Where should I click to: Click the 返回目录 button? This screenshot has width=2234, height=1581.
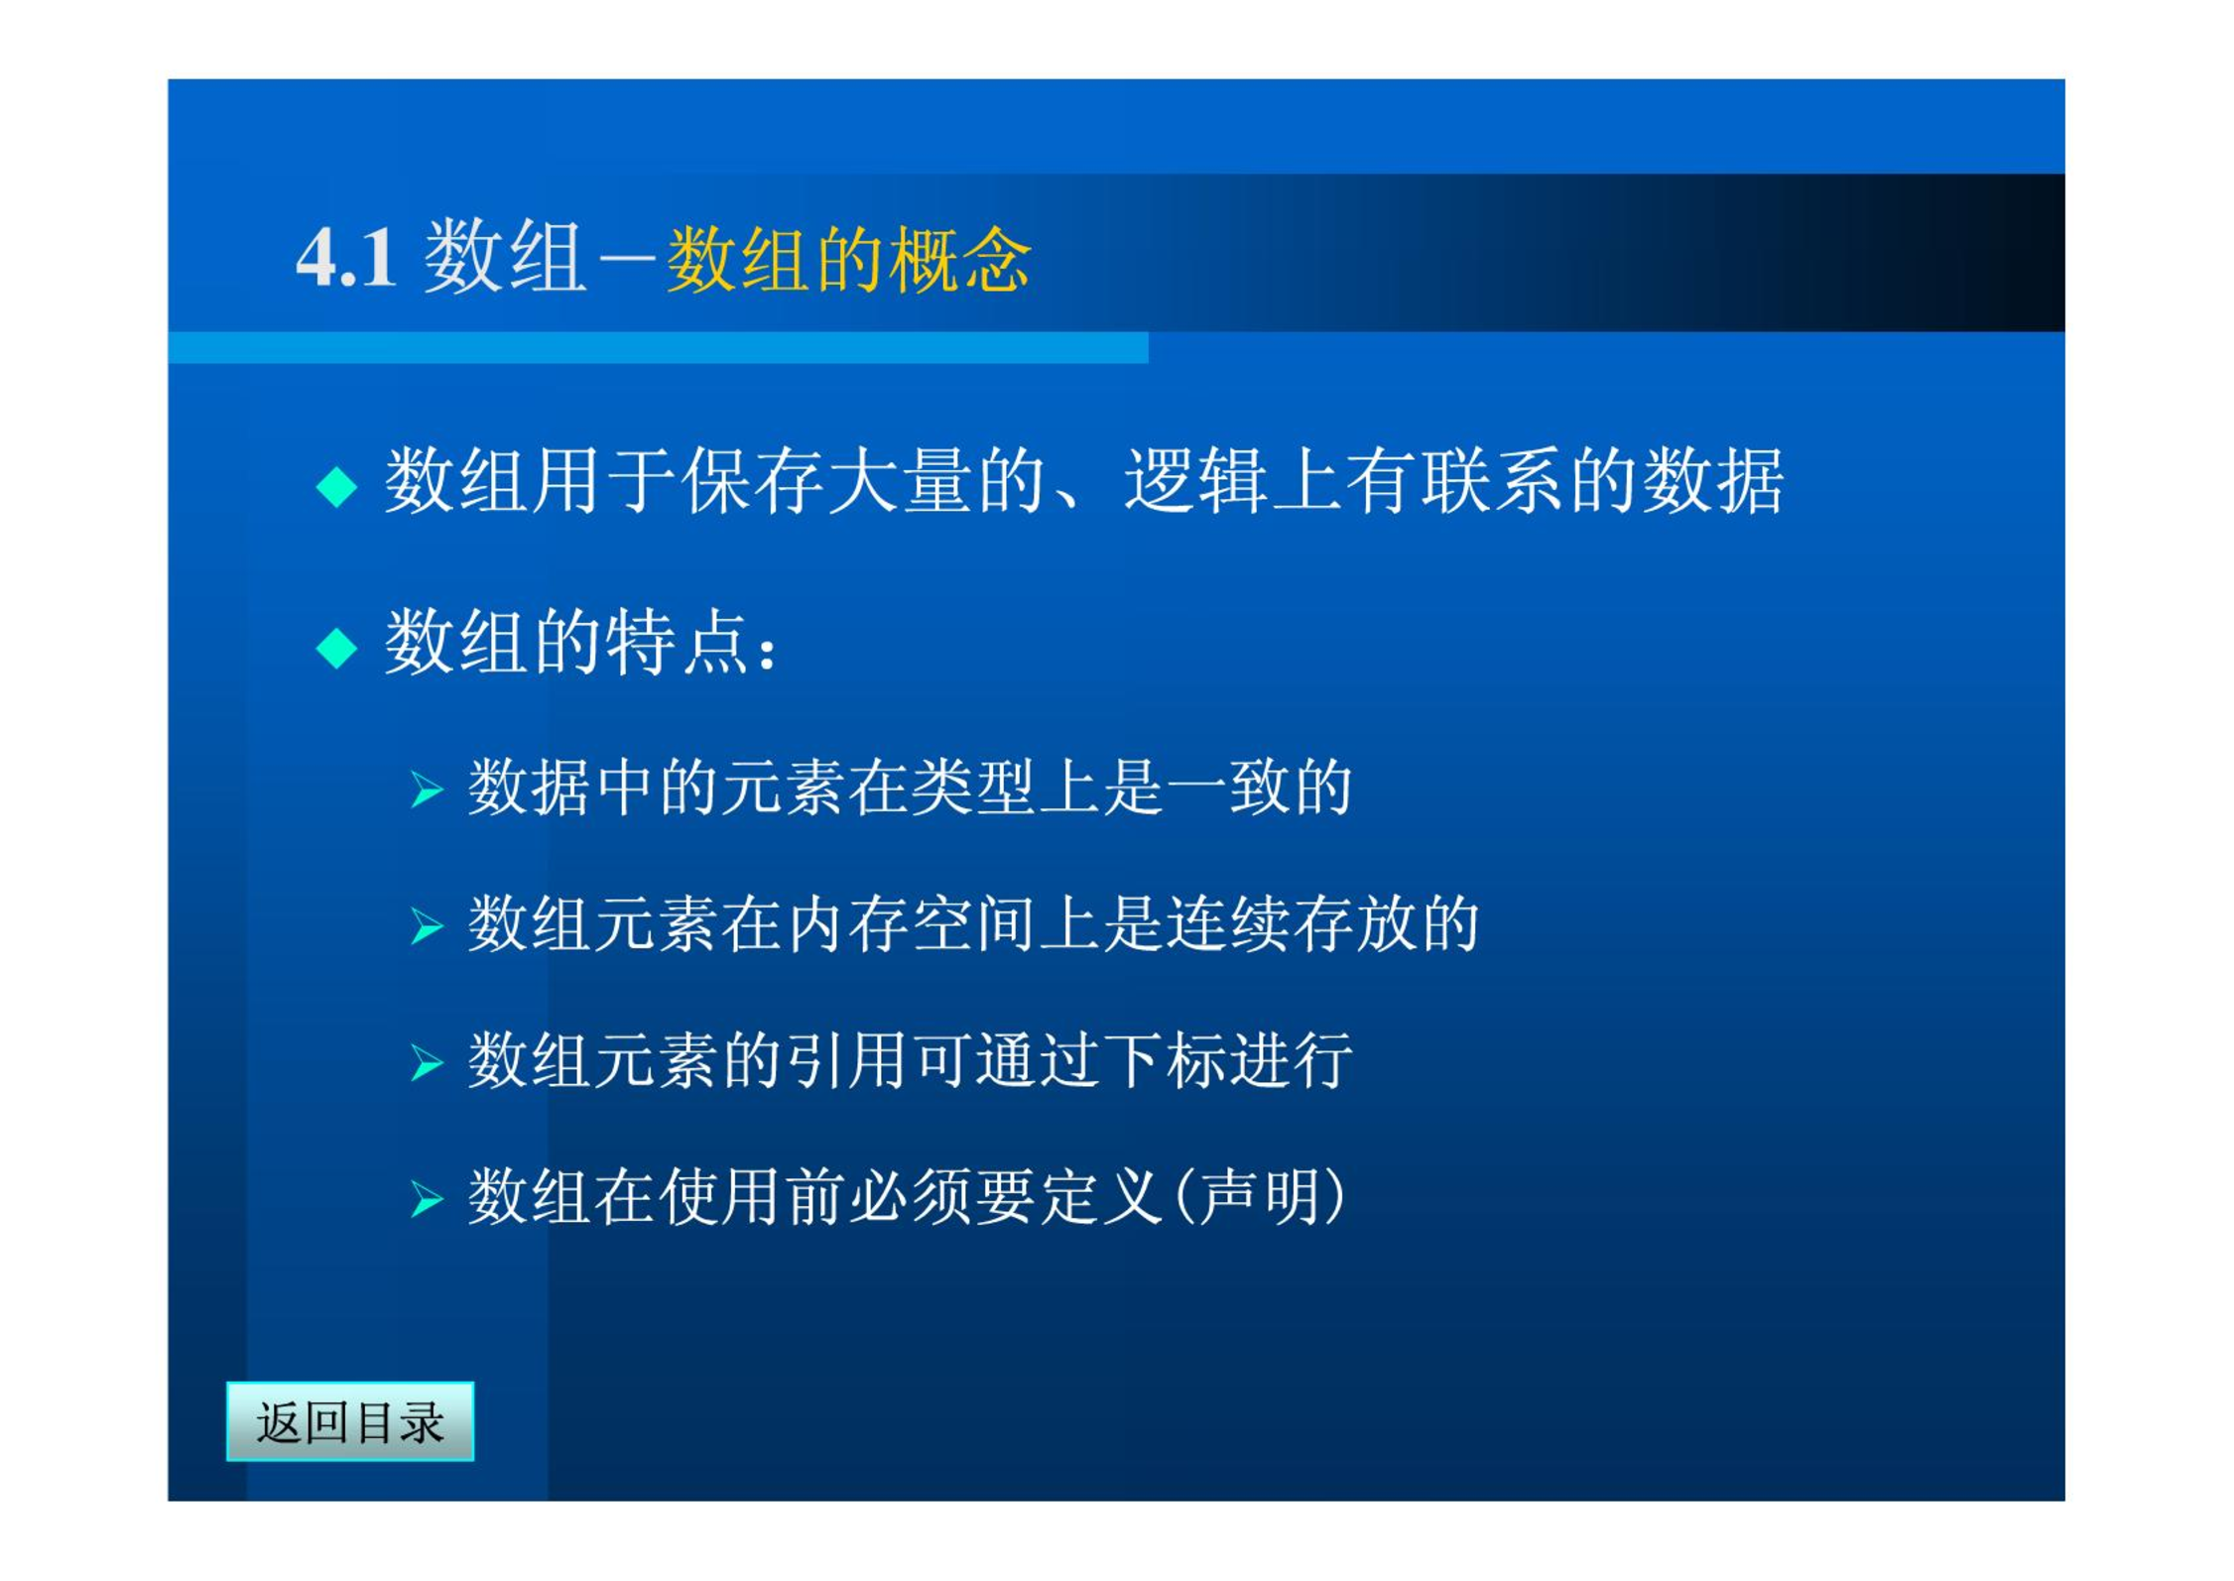350,1421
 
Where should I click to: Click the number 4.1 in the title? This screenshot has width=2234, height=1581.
346,258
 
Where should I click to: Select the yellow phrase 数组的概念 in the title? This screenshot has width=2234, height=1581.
848,260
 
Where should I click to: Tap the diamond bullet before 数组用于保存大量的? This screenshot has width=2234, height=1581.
336,486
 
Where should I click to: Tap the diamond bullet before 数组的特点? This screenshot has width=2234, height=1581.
336,649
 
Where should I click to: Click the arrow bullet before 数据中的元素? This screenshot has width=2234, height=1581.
427,790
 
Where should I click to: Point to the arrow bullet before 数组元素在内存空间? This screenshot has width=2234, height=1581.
427,925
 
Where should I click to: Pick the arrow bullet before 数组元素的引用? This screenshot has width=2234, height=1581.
427,1062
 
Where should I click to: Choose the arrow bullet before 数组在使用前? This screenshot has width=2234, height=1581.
427,1199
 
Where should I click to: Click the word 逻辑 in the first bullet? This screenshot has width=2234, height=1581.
1195,481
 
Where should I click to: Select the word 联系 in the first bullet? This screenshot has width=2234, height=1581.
1491,481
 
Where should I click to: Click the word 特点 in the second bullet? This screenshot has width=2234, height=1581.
678,643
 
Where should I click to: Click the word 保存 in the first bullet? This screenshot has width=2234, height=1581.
752,481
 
